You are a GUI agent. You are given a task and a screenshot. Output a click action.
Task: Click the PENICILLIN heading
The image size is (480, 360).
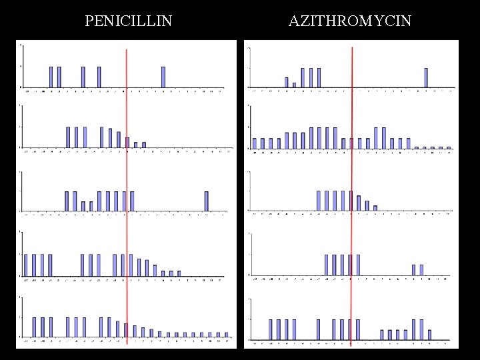[x=129, y=21]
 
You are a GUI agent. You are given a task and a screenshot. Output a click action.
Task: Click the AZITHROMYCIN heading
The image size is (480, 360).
[x=350, y=21]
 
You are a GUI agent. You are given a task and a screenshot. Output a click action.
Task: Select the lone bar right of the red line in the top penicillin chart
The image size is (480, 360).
[x=163, y=77]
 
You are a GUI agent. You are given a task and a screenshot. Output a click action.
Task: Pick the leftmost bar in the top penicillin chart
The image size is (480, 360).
[x=51, y=77]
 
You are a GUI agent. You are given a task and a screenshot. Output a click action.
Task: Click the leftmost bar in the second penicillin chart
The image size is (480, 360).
[x=68, y=137]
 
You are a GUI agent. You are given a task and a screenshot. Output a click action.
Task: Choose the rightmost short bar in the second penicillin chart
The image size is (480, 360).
[x=143, y=144]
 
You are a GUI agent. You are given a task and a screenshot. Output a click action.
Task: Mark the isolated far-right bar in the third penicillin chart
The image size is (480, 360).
[x=207, y=201]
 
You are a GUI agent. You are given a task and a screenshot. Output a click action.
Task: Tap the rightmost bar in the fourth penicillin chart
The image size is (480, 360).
[x=179, y=273]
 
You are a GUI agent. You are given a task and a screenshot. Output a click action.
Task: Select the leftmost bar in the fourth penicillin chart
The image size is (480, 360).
[x=26, y=265]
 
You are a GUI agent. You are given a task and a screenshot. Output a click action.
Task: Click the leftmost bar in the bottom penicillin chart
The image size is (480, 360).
[x=34, y=327]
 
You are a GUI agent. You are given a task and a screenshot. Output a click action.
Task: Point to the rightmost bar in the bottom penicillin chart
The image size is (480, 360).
[x=226, y=334]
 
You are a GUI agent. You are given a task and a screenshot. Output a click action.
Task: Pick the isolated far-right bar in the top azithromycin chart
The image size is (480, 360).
[x=426, y=77]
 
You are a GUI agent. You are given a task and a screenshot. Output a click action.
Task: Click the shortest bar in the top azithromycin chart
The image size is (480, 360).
[x=294, y=85]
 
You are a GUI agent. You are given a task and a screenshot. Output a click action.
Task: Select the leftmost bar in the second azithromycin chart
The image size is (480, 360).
[x=255, y=143]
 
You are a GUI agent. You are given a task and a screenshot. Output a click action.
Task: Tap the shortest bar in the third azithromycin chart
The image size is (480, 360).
[x=375, y=208]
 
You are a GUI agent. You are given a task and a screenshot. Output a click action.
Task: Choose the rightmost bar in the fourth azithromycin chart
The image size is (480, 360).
[x=421, y=269]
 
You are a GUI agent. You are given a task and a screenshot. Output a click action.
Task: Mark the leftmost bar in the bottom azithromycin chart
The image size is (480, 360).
[x=271, y=329]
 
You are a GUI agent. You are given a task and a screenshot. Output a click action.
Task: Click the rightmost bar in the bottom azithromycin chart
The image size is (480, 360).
[x=429, y=334]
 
